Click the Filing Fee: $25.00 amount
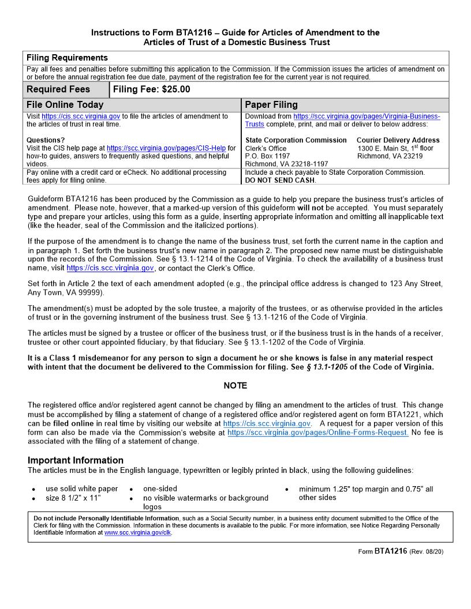pyautogui.click(x=151, y=89)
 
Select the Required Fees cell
pyautogui.click(x=58, y=89)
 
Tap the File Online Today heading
pyautogui.click(x=65, y=104)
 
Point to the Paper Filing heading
pyautogui.click(x=271, y=104)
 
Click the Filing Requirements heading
pyautogui.click(x=67, y=58)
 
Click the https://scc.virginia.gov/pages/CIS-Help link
pyautogui.click(x=166, y=148)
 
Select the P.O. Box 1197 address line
pyautogui.click(x=268, y=156)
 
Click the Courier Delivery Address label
pyautogui.click(x=398, y=140)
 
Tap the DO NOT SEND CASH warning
pyautogui.click(x=280, y=181)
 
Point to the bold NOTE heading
pyautogui.click(x=235, y=385)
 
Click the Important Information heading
pyautogui.click(x=76, y=460)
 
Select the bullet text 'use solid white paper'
pyautogui.click(x=81, y=489)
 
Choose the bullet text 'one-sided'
pyautogui.click(x=160, y=488)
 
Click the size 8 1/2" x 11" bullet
pyautogui.click(x=73, y=498)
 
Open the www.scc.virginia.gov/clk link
pyautogui.click(x=138, y=533)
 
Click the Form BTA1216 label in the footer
pyautogui.click(x=383, y=551)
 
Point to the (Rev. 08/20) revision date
pyautogui.click(x=427, y=551)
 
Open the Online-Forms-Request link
pyautogui.click(x=318, y=433)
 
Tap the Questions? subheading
pyautogui.click(x=46, y=140)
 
